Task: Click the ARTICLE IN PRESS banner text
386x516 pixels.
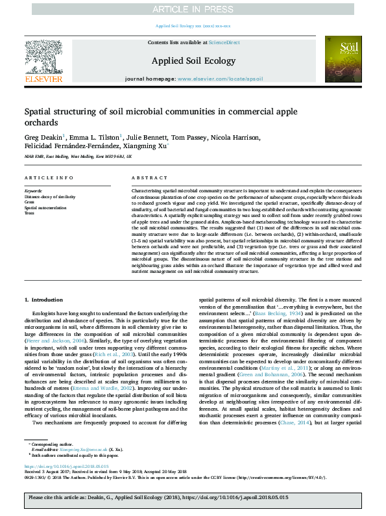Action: click(x=193, y=8)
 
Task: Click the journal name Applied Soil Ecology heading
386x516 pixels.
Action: click(x=193, y=61)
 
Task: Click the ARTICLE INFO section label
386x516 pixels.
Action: click(x=44, y=177)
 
